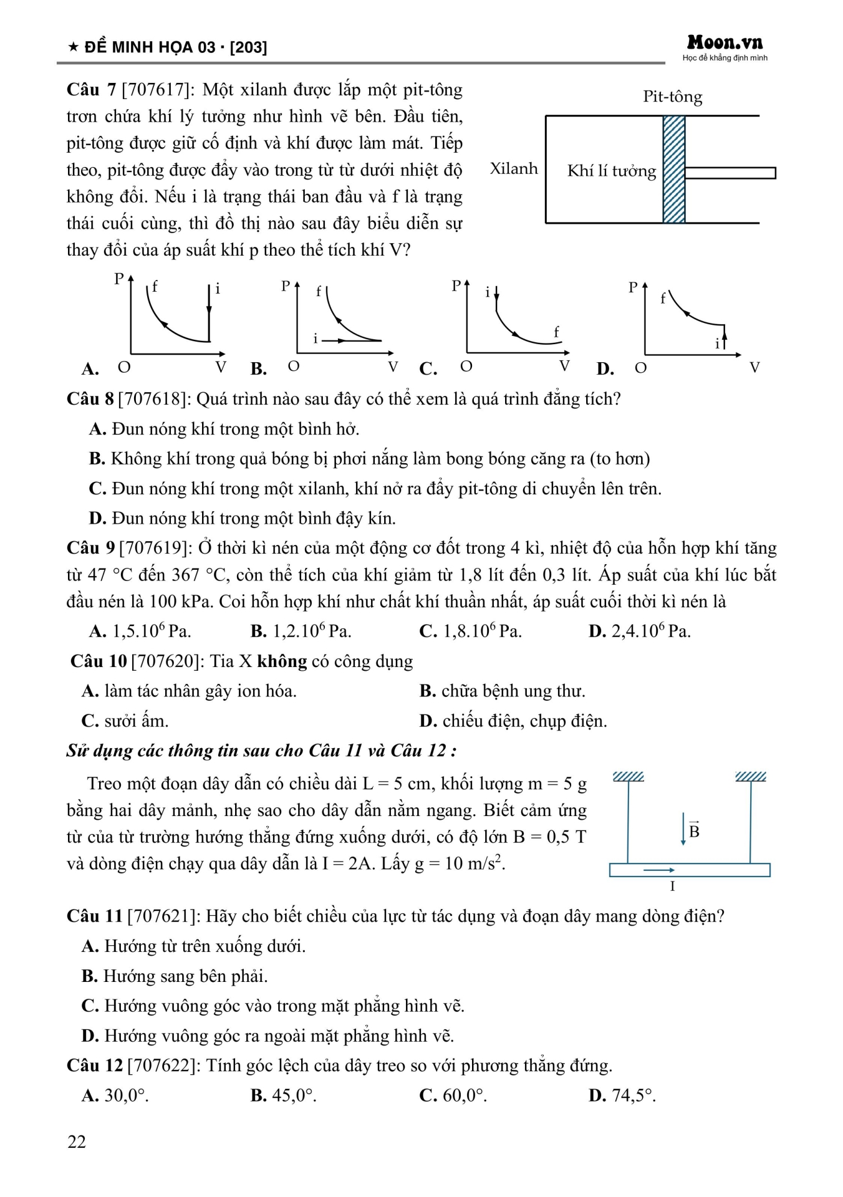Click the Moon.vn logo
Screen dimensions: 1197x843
725,43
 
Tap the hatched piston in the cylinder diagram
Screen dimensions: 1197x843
674,169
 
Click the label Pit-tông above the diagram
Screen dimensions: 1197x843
672,97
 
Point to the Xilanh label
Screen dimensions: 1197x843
513,168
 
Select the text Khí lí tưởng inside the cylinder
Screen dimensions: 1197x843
611,171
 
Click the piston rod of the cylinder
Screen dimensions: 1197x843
730,173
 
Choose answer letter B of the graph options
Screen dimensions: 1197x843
258,369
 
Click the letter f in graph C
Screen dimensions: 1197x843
556,332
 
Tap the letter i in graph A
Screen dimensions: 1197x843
218,289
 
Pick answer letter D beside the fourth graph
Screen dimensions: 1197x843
604,369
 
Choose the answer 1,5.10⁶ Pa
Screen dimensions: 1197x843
151,632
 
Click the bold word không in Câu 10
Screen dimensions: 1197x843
282,661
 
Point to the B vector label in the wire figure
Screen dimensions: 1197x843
694,830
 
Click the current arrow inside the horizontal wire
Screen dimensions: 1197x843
659,870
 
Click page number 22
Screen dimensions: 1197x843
77,1142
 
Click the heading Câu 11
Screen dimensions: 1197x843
95,916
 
